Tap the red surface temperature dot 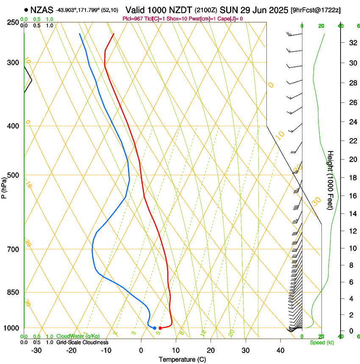click(160, 328)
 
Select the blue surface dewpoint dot click(155, 328)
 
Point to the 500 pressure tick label click(13, 175)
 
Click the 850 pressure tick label click(13, 292)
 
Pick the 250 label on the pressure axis click(13, 22)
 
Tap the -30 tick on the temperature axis click(36, 350)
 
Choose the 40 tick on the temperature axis click(280, 350)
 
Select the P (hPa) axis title click(4, 186)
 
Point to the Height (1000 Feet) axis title click(330, 180)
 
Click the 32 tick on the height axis click(352, 42)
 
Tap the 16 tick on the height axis click(352, 196)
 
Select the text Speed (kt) click(321, 342)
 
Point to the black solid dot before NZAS click(26, 9)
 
